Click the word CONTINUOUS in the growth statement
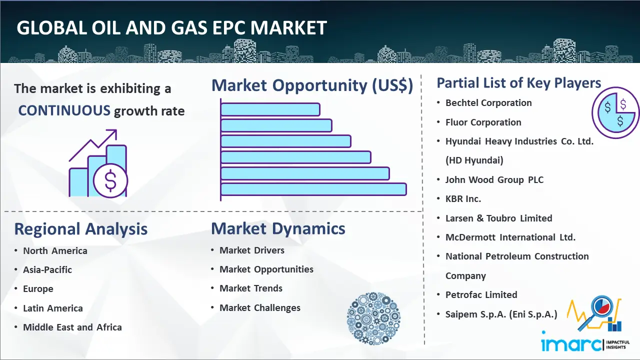coord(64,110)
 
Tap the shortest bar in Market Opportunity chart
coord(270,109)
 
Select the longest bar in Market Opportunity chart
coord(313,189)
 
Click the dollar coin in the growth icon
coord(110,181)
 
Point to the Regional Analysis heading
coord(80,229)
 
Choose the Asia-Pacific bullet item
coord(47,269)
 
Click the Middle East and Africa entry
coord(72,327)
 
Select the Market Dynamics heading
coord(278,228)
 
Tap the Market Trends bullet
coord(251,288)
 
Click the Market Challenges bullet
coord(260,308)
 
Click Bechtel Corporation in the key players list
coord(488,103)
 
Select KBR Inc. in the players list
coord(463,199)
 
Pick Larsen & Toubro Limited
coord(498,218)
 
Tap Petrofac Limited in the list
coord(481,295)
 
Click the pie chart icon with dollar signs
coord(615,112)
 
